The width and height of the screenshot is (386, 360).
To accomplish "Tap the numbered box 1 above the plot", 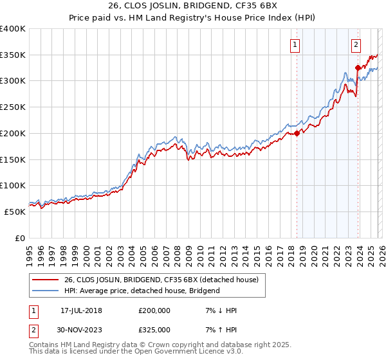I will coord(295,44).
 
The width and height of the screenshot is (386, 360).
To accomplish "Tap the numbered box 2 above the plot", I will coord(355,44).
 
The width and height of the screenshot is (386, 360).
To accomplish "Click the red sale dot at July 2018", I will coord(297,134).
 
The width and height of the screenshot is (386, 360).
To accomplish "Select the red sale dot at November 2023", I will coord(358,67).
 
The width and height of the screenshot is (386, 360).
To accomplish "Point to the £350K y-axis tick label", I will coord(12,55).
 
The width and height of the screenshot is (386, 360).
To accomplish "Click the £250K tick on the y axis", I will coord(12,107).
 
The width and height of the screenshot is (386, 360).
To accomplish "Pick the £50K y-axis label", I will coord(15,212).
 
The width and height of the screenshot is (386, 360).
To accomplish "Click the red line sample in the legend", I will coord(46,280).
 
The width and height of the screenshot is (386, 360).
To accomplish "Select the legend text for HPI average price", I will coord(142,291).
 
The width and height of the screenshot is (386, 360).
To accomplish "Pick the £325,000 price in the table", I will coord(154,329).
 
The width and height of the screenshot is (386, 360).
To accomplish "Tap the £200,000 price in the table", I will coord(154,310).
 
